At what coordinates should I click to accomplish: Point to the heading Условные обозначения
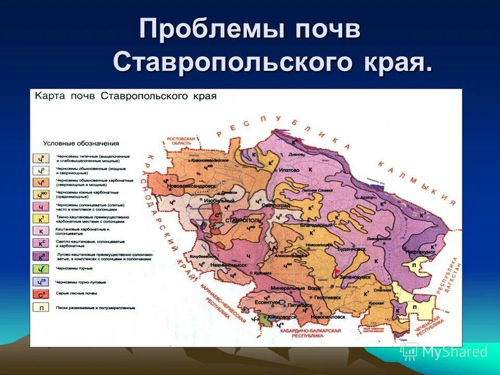(81, 143)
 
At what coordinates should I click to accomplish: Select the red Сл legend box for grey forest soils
(40, 295)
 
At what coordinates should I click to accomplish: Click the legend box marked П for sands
(40, 307)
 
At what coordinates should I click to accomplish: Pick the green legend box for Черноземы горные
(40, 269)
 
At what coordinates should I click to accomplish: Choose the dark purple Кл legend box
(40, 256)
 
